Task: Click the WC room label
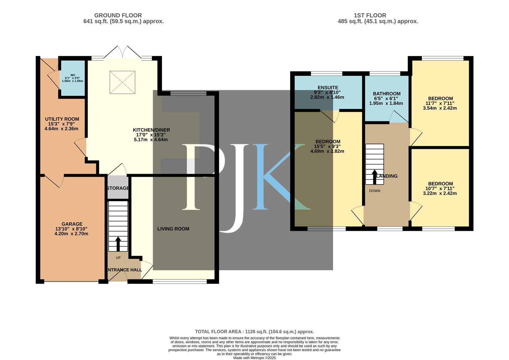73,75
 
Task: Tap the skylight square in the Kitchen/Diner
122,82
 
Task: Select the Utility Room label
62,119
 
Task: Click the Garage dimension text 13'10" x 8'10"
71,229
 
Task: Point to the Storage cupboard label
118,188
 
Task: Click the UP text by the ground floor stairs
118,258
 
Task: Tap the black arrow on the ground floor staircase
118,244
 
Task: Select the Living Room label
173,229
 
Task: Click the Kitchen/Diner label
151,130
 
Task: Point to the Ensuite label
328,88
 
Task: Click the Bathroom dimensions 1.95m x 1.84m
386,103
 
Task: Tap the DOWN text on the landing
374,191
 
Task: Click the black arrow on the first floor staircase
374,177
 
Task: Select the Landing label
387,176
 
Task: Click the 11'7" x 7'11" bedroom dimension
440,103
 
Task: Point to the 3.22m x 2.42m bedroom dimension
440,193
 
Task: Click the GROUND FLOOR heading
118,16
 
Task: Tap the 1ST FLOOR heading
370,16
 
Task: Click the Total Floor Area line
254,332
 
